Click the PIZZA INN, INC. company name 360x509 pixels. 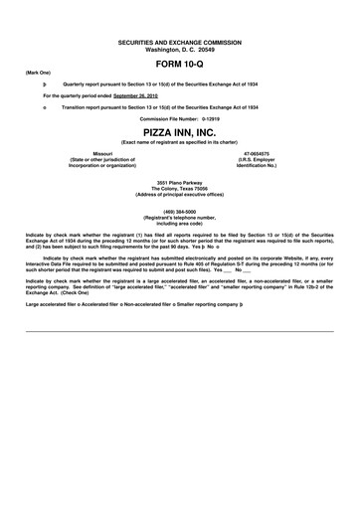pos(179,131)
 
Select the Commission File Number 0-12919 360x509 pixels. pos(179,118)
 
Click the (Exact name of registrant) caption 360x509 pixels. pos(179,143)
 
